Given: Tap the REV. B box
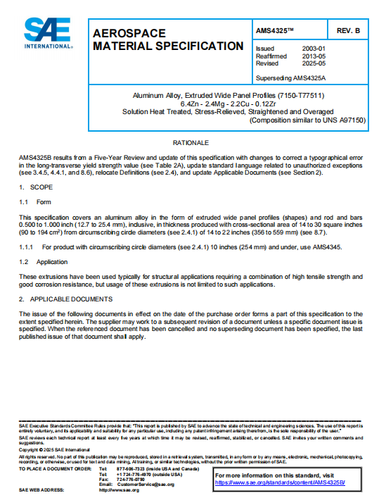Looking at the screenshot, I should click(x=347, y=32).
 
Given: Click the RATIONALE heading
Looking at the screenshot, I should click(x=192, y=142).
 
